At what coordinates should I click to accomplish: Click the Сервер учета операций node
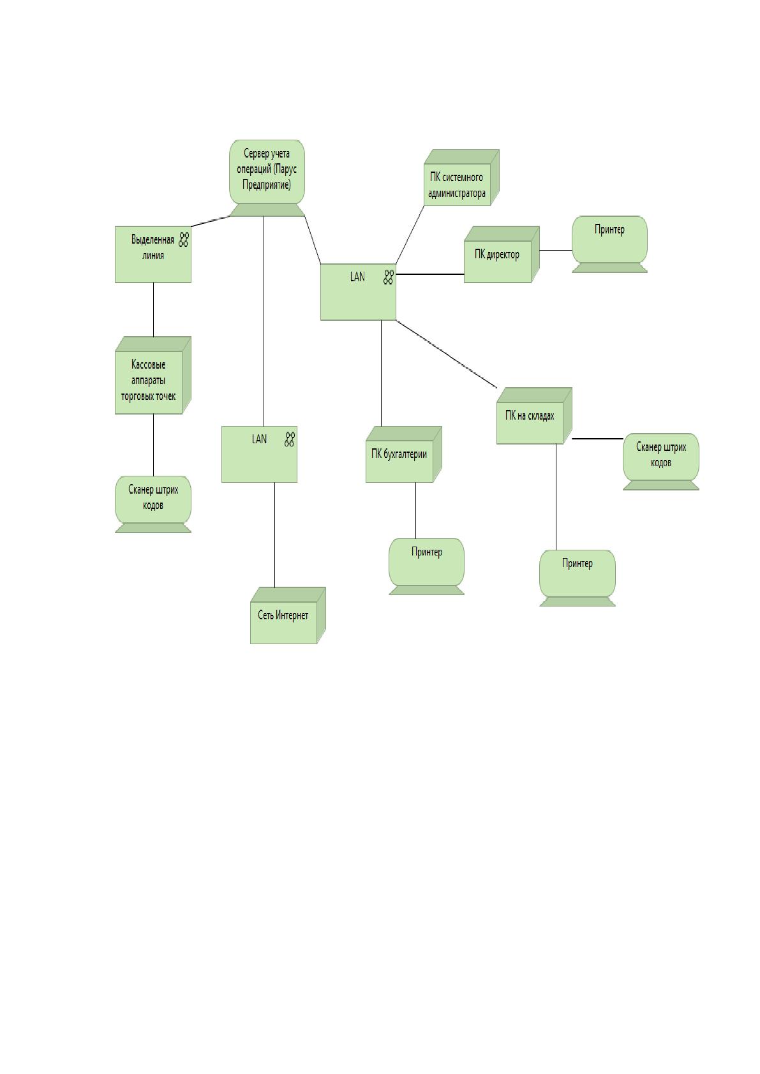pos(267,178)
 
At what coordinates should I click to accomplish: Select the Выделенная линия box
pos(153,254)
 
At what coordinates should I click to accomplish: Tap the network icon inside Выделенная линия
pos(184,240)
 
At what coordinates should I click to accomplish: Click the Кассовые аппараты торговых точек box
pos(153,375)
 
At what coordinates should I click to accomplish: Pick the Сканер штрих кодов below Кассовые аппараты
pos(153,504)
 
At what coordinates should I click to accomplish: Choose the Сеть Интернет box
pos(288,615)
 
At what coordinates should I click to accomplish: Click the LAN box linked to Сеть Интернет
pos(259,454)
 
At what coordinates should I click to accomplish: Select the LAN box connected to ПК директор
pos(358,291)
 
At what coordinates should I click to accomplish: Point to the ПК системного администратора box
pos(461,177)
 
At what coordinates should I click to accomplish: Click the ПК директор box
pos(502,254)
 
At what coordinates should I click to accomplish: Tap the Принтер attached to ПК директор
pos(609,244)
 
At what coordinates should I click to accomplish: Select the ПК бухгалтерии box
pos(403,454)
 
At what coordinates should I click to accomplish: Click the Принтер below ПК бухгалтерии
pos(426,566)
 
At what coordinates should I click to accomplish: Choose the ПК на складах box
pos(534,416)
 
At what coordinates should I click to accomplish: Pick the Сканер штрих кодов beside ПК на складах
pos(660,461)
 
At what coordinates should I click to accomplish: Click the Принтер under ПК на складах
pos(577,578)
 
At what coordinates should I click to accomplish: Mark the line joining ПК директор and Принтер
pos(556,250)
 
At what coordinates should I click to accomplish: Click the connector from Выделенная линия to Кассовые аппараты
pos(154,310)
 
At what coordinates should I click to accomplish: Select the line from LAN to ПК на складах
pos(446,354)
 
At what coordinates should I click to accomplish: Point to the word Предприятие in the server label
pos(267,185)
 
